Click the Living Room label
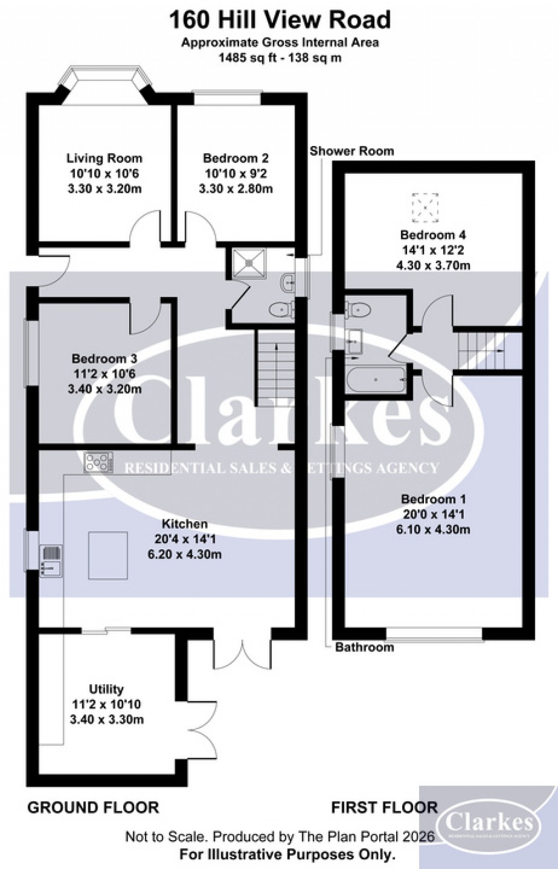[x=104, y=159]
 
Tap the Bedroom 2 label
[x=235, y=159]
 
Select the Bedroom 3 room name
[x=104, y=359]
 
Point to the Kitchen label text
[x=185, y=524]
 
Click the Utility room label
[x=106, y=689]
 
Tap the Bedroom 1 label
[x=434, y=499]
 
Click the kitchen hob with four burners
[x=99, y=463]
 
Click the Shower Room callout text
[x=351, y=151]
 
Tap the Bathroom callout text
[x=364, y=647]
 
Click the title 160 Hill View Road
[x=280, y=20]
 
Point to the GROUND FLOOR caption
[x=93, y=807]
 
